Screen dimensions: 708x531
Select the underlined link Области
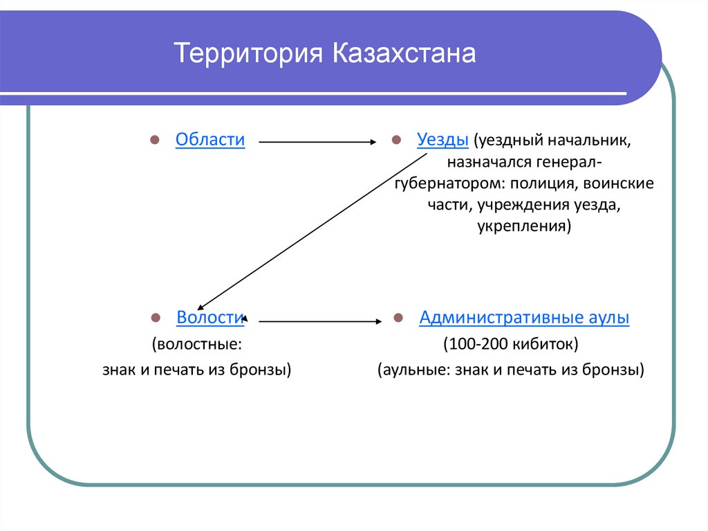tap(210, 139)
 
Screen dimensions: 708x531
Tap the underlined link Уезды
tap(443, 139)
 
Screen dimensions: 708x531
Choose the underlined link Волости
tap(210, 318)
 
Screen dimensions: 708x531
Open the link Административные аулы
tap(524, 318)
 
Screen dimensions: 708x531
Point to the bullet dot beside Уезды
tap(397, 141)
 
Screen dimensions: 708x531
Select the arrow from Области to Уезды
tap(317, 142)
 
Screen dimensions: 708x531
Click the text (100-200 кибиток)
tap(511, 343)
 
